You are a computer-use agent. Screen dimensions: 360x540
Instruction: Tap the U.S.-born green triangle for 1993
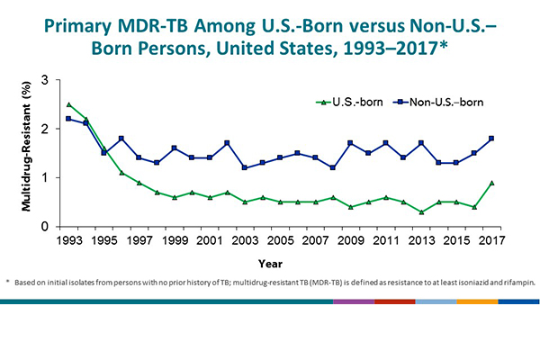[x=69, y=105]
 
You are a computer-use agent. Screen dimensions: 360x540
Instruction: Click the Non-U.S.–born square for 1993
[x=69, y=119]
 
